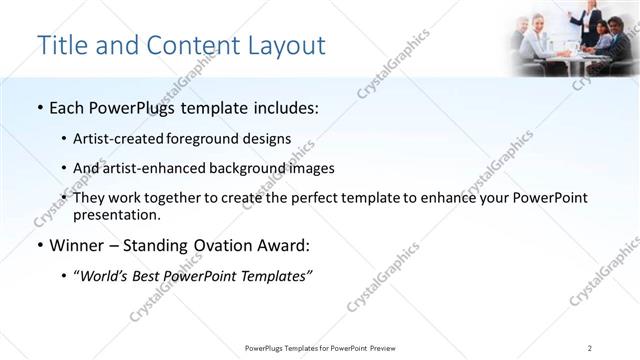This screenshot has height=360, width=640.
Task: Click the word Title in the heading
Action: click(x=63, y=46)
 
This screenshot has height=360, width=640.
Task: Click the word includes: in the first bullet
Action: click(x=283, y=108)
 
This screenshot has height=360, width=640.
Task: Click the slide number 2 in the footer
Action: click(x=590, y=348)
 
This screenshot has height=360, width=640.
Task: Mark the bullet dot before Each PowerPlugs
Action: click(x=38, y=108)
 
